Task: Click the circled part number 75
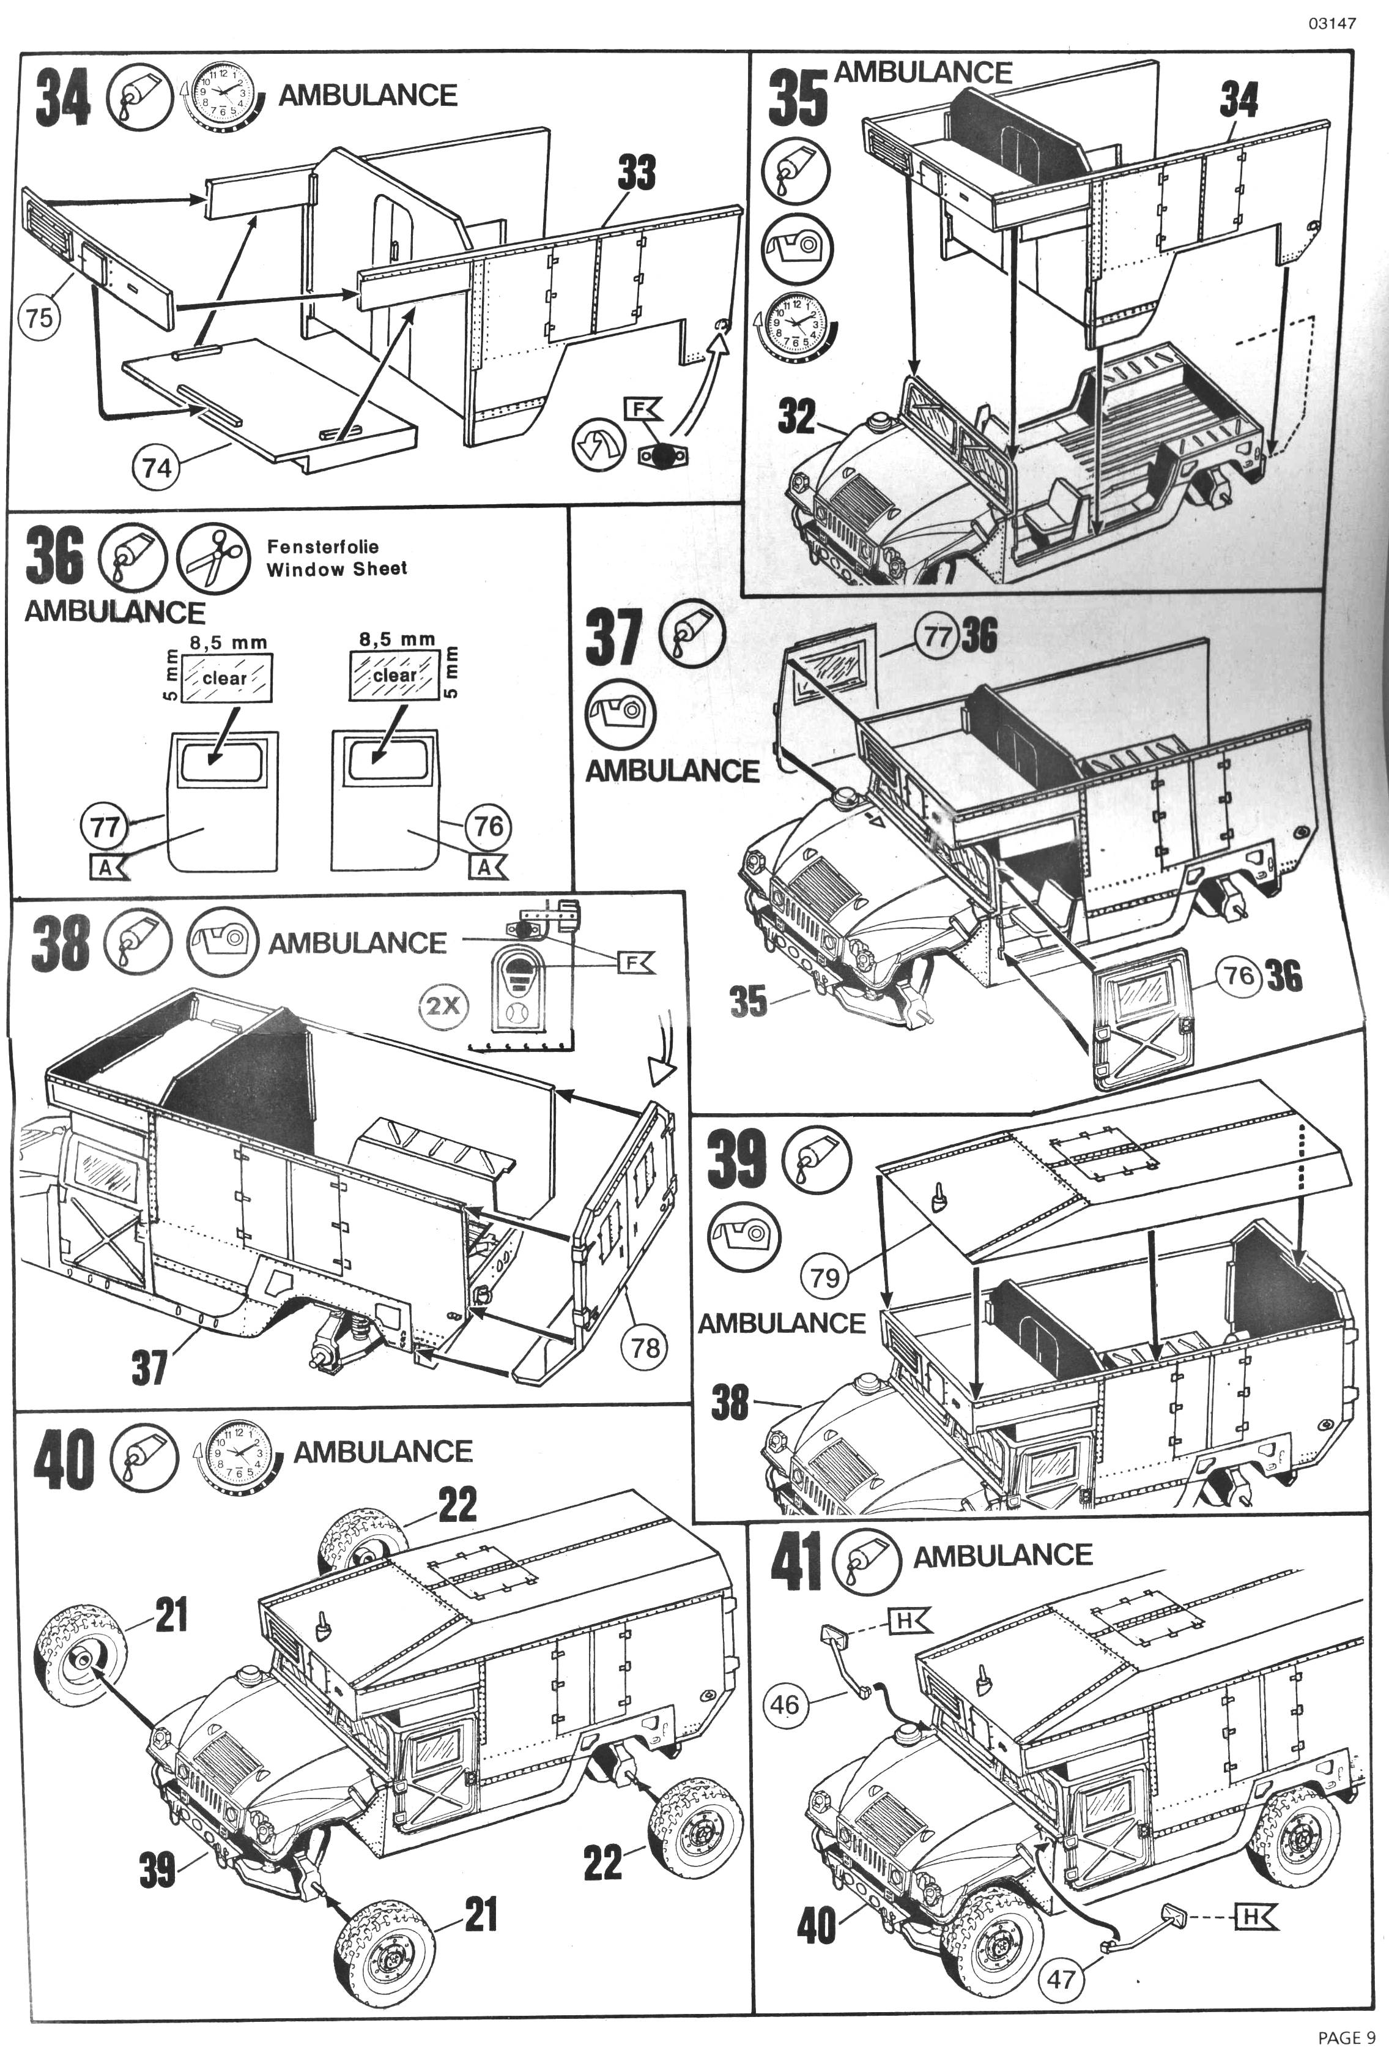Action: [x=38, y=317]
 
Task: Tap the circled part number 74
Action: [x=157, y=467]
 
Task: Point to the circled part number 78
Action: [x=645, y=1347]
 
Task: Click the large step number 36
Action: [x=55, y=556]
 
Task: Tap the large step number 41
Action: [x=797, y=1562]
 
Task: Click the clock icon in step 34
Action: [x=222, y=95]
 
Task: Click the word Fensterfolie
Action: [x=323, y=546]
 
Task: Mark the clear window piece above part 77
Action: [x=226, y=677]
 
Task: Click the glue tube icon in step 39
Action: [x=815, y=1160]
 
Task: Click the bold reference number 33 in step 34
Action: [x=637, y=173]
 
